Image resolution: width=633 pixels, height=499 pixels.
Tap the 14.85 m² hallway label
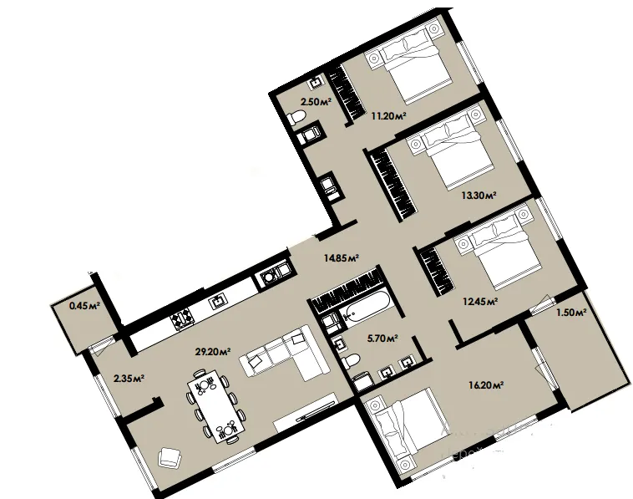[x=342, y=257]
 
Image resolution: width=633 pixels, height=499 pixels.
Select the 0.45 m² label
[x=85, y=305]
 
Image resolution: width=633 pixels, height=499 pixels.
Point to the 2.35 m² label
[x=129, y=379]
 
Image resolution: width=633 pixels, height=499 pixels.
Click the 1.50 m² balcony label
[x=572, y=312]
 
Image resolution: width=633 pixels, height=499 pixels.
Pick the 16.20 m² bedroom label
[x=486, y=385]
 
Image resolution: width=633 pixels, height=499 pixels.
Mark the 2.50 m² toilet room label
[x=316, y=101]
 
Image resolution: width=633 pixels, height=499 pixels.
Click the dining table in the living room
[x=216, y=405]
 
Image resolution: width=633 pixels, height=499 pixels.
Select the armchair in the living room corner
[x=170, y=457]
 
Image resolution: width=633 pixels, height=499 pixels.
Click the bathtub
[x=365, y=308]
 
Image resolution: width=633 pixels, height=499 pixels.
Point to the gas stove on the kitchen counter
[x=183, y=318]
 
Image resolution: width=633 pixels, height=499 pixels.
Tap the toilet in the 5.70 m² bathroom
[x=350, y=360]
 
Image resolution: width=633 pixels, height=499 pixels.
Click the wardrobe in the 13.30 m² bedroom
[x=393, y=183]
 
